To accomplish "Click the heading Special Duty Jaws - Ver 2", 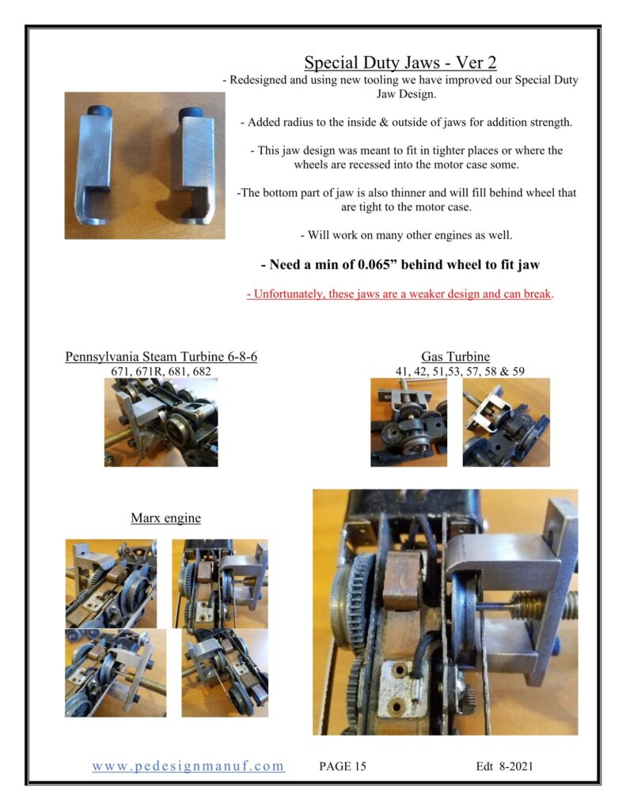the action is (400, 62).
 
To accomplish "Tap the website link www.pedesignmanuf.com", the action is (188, 766).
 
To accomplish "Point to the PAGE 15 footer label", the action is (342, 766).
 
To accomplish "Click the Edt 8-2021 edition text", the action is (504, 766).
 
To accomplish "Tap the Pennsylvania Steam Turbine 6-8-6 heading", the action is (161, 357).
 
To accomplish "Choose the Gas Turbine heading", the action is (455, 357).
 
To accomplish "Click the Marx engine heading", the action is (165, 517).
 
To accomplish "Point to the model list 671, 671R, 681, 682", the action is (161, 371).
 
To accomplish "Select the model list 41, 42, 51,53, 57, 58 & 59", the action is (460, 371).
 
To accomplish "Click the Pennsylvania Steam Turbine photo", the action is (161, 422).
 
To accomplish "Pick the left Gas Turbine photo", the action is (408, 422).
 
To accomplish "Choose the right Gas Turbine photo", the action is (506, 422).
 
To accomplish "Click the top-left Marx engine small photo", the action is (111, 584).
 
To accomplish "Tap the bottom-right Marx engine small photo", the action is (225, 672).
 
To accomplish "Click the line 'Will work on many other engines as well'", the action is (406, 235).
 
